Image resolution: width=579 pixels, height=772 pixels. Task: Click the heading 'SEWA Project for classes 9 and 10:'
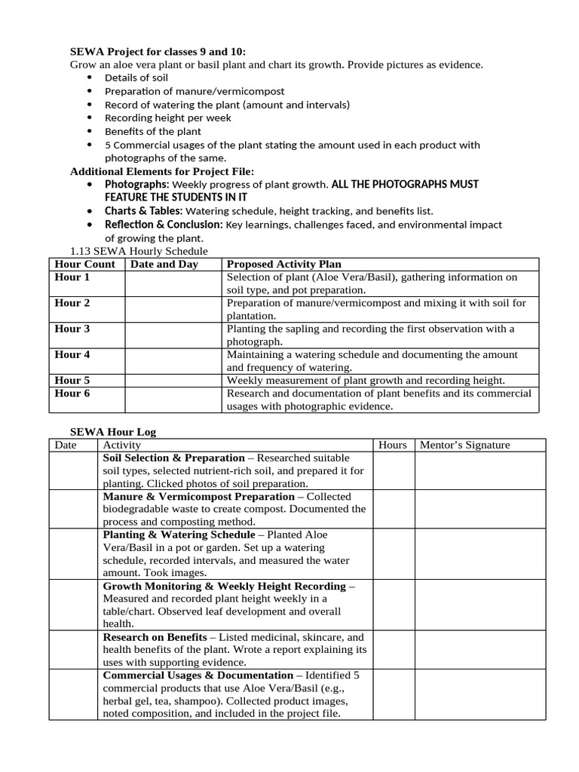158,51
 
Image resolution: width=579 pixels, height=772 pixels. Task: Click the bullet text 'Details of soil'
136,78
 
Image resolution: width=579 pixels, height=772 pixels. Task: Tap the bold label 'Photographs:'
137,184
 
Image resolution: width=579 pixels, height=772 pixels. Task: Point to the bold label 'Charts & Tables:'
143,211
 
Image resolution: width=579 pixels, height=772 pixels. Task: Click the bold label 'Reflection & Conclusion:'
163,225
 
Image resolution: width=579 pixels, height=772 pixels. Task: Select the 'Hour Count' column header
84,264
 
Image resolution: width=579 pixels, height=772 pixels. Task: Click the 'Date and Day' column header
164,264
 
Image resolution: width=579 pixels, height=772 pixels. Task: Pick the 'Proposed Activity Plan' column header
283,264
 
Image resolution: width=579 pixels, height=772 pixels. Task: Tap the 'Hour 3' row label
72,329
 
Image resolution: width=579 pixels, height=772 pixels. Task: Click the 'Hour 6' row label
72,394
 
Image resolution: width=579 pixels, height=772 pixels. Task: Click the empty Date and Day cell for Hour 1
173,283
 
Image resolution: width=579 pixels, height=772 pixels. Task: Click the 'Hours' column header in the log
393,445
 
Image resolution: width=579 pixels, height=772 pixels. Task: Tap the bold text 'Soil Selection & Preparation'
173,458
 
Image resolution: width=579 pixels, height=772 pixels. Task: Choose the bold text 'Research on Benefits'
155,637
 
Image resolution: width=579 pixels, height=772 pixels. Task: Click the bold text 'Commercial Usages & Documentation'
198,675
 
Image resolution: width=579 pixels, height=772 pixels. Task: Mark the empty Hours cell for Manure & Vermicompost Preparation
393,509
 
